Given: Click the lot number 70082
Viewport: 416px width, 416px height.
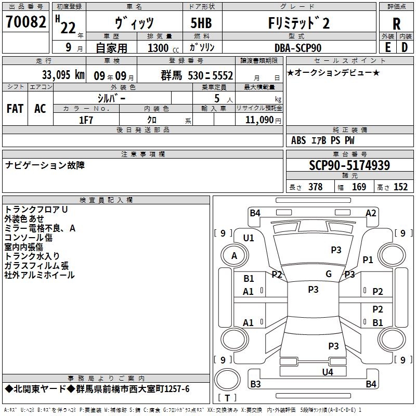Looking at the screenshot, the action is pyautogui.click(x=26, y=22).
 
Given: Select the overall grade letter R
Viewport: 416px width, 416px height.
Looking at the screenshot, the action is pyautogui.click(x=396, y=24).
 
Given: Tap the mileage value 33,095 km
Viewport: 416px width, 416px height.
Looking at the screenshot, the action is pyautogui.click(x=63, y=75).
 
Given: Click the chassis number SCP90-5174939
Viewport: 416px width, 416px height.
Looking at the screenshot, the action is pyautogui.click(x=349, y=165).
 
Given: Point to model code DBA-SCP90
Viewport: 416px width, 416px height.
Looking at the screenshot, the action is pyautogui.click(x=298, y=48).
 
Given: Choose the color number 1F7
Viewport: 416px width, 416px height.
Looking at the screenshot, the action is pyautogui.click(x=86, y=120).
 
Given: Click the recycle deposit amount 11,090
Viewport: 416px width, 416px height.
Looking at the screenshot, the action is pyautogui.click(x=259, y=120).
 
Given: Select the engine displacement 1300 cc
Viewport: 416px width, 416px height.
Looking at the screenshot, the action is pyautogui.click(x=163, y=48).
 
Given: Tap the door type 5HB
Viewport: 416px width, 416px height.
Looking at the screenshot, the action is pyautogui.click(x=201, y=23).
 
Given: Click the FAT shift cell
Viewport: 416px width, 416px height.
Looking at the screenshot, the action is pyautogui.click(x=15, y=109).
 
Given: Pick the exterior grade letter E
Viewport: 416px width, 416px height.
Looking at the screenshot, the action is pyautogui.click(x=387, y=47).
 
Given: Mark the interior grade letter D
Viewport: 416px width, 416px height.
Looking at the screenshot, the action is pyautogui.click(x=405, y=47).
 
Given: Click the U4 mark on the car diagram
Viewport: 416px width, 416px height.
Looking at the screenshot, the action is pyautogui.click(x=328, y=372).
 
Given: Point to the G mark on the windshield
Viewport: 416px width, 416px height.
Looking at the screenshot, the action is pyautogui.click(x=329, y=274).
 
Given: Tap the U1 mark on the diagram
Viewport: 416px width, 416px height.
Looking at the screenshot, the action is pyautogui.click(x=249, y=238).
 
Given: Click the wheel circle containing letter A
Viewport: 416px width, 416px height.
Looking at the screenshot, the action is pyautogui.click(x=235, y=255).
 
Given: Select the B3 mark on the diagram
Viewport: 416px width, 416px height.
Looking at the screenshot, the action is pyautogui.click(x=255, y=384).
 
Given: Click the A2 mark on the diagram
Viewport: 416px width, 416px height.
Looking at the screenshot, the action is pyautogui.click(x=371, y=213).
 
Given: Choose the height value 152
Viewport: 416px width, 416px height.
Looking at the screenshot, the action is pyautogui.click(x=400, y=187).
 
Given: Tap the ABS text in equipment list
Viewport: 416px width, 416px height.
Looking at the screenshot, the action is pyautogui.click(x=298, y=140).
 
